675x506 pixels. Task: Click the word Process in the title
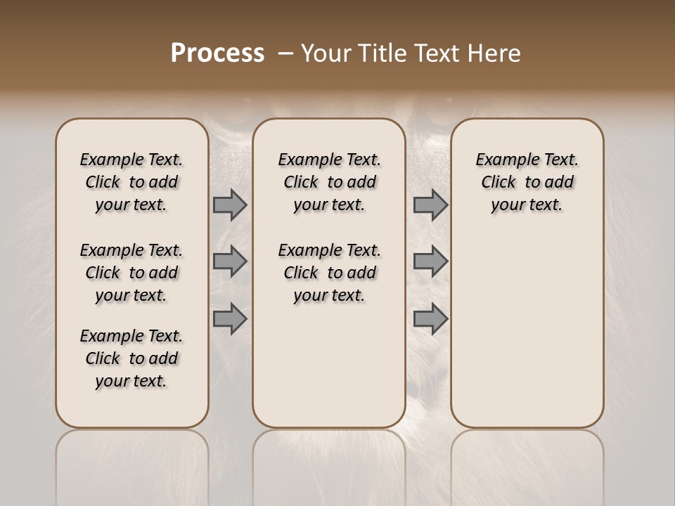click(217, 53)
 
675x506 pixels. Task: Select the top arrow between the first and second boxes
click(230, 205)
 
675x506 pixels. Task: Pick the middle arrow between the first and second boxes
click(230, 261)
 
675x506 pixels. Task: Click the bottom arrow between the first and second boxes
click(230, 318)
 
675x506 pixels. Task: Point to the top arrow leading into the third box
click(430, 205)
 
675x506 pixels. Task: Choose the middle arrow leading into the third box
click(430, 261)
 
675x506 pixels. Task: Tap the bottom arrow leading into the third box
click(430, 318)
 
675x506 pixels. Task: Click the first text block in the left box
click(131, 182)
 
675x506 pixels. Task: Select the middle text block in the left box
click(131, 273)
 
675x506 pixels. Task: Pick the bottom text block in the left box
click(131, 358)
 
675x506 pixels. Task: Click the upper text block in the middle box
click(329, 182)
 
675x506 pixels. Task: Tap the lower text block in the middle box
click(329, 273)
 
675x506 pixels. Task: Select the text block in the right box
click(527, 182)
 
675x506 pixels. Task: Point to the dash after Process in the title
click(285, 53)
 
